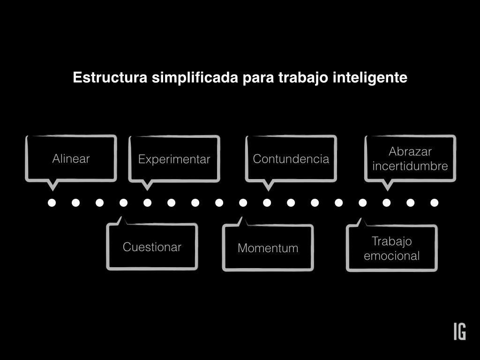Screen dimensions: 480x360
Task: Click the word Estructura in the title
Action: [x=110, y=77]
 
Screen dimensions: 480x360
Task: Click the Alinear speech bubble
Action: [x=71, y=158]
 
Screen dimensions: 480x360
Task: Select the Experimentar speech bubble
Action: [x=174, y=159]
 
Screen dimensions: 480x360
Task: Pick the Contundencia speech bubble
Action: [x=291, y=158]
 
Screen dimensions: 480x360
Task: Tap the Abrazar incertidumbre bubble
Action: [x=410, y=158]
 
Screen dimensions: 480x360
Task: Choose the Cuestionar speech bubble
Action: [x=152, y=247]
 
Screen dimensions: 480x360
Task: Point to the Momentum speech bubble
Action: [x=268, y=248]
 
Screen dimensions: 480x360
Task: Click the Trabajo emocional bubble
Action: [x=391, y=248]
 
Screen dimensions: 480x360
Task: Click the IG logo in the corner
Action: [x=459, y=331]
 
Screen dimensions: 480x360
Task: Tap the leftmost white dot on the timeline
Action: [x=52, y=203]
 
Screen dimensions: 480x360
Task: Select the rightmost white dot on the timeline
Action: [x=435, y=203]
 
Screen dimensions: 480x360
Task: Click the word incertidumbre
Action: [x=410, y=166]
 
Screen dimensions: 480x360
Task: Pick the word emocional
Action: [x=391, y=256]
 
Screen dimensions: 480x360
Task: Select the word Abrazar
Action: [x=410, y=151]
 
